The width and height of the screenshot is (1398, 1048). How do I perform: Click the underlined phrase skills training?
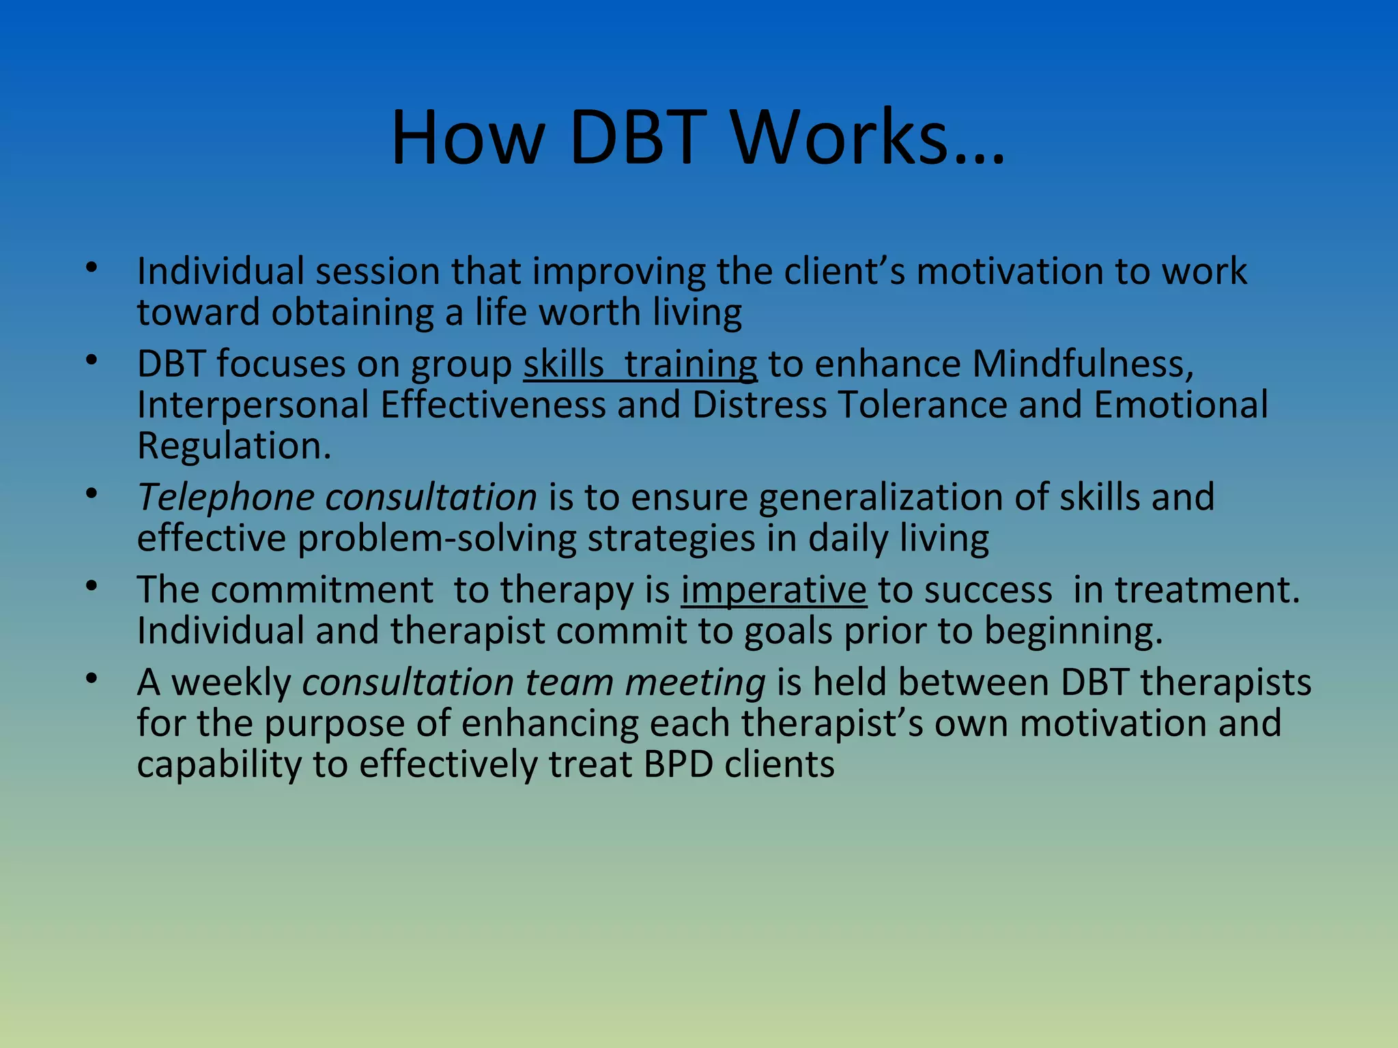point(640,364)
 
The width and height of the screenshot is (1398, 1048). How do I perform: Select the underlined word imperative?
point(773,589)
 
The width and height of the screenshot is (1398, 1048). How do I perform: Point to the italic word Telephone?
point(225,497)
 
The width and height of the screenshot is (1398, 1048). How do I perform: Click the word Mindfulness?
point(1082,364)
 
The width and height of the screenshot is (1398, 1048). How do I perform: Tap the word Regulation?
point(233,446)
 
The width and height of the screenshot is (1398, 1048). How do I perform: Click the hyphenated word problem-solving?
point(437,538)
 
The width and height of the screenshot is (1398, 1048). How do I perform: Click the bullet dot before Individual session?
point(92,267)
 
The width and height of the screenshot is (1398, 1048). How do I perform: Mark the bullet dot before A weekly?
point(92,679)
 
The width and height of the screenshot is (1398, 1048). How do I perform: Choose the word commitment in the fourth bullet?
point(322,589)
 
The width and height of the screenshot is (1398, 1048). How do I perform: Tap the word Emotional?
point(1180,405)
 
